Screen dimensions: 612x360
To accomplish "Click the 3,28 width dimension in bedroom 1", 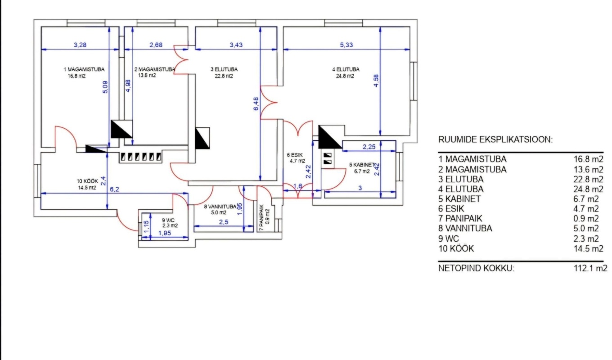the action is pyautogui.click(x=80, y=45).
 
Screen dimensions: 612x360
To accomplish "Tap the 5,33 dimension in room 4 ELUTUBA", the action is pyautogui.click(x=346, y=45).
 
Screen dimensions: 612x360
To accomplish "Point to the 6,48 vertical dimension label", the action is pyautogui.click(x=256, y=104).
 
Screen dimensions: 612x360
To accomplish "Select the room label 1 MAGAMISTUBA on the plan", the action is pyautogui.click(x=84, y=69).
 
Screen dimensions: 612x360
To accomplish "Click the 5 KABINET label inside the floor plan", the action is pyautogui.click(x=362, y=165).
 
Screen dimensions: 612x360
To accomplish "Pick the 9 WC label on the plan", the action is pyautogui.click(x=168, y=220).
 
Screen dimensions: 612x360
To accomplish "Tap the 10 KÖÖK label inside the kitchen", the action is pyautogui.click(x=87, y=181).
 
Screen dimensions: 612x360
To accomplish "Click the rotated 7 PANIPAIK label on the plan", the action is pyautogui.click(x=261, y=218).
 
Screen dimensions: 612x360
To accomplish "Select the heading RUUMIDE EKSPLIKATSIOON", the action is pyautogui.click(x=495, y=139).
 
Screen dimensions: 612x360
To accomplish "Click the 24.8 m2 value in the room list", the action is pyautogui.click(x=588, y=189).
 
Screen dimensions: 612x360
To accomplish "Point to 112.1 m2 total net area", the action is pyautogui.click(x=590, y=268).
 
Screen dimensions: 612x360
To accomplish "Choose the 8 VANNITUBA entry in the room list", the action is pyautogui.click(x=465, y=228).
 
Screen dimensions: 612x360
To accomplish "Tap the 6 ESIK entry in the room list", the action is pyautogui.click(x=451, y=209).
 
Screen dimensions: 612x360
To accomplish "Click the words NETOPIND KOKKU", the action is pyautogui.click(x=476, y=268).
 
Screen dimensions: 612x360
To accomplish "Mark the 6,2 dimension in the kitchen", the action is pyautogui.click(x=114, y=189).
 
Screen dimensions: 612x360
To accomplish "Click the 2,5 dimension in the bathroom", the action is pyautogui.click(x=224, y=222).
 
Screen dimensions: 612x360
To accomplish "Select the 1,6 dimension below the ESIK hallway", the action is pyautogui.click(x=297, y=186).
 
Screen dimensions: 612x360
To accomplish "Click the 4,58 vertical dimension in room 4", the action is pyautogui.click(x=376, y=81).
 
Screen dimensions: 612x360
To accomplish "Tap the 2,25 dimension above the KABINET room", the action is pyautogui.click(x=369, y=147).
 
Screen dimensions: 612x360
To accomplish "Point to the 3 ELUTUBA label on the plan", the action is pyautogui.click(x=224, y=69).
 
